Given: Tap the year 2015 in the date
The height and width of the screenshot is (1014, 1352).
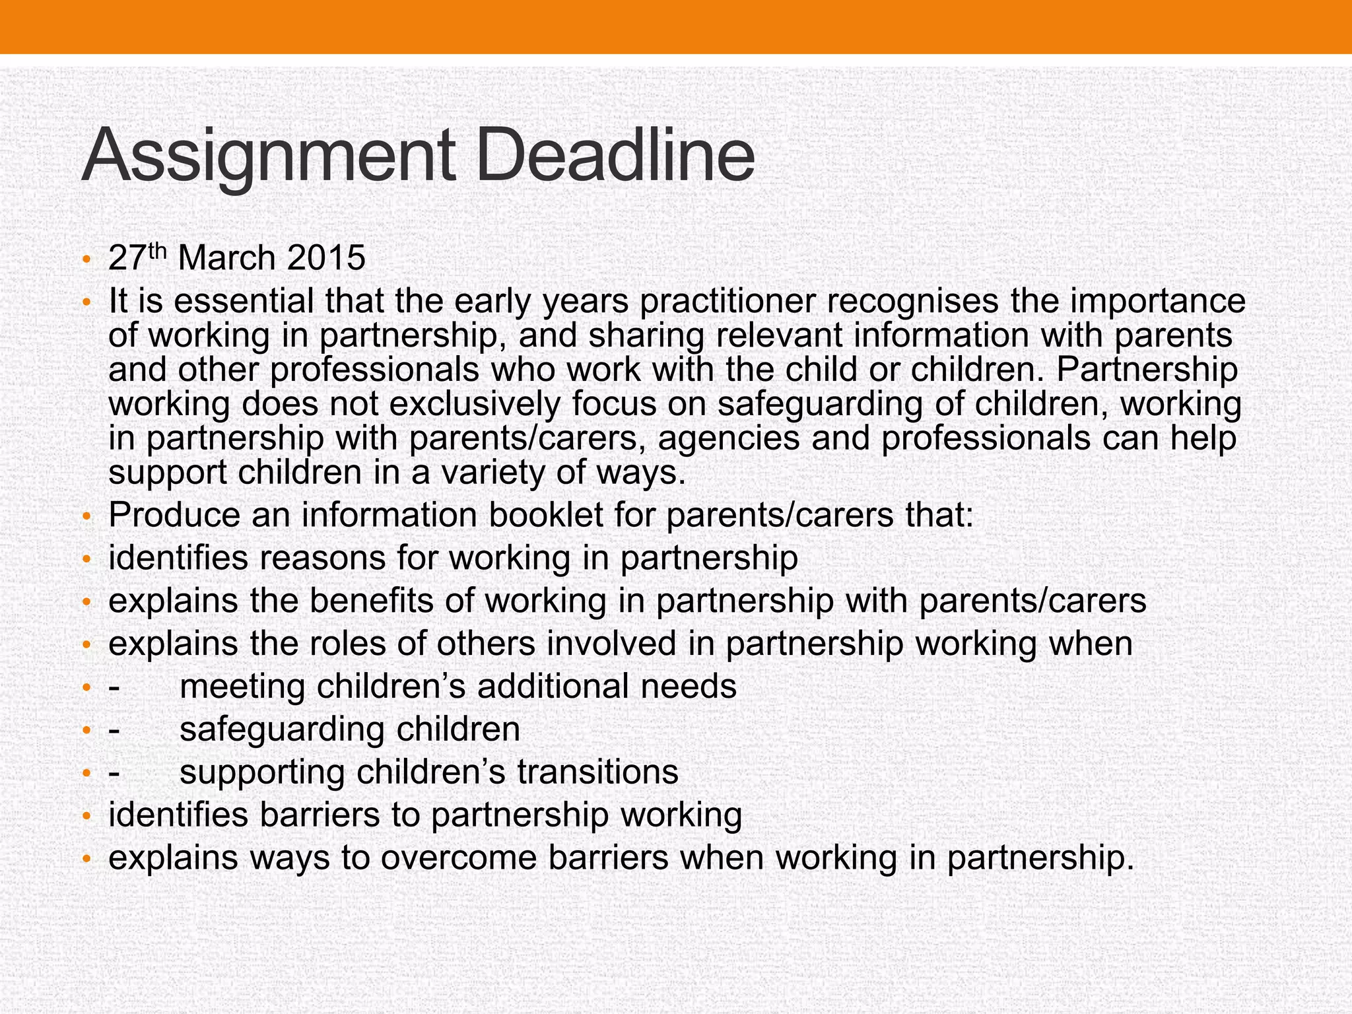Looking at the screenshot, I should point(326,257).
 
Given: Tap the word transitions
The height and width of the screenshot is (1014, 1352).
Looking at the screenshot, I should point(598,772).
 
